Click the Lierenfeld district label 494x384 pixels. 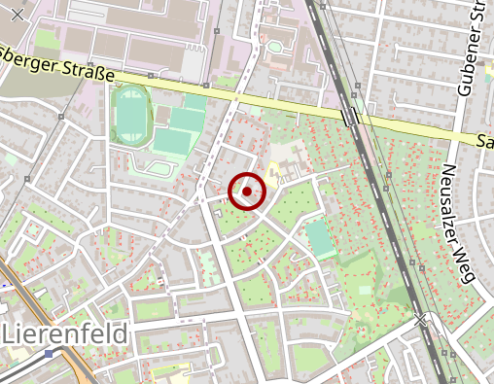coord(66,334)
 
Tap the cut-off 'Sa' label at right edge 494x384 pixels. coord(485,141)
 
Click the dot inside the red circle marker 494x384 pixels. coord(248,192)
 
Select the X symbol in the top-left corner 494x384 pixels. coord(17,14)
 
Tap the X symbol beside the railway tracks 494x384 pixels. coord(420,319)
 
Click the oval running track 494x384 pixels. coord(129,112)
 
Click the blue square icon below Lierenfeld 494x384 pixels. coord(49,354)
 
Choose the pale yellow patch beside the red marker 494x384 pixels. coord(275,172)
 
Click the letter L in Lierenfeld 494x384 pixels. coord(11,334)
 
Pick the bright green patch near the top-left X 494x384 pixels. coord(47,40)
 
